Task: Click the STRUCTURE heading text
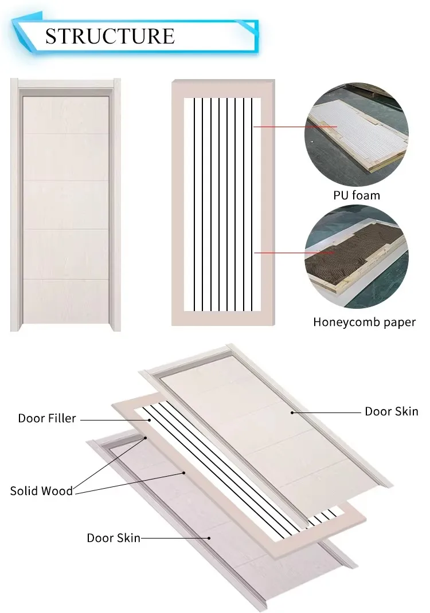(x=110, y=36)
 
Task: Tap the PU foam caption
(x=357, y=195)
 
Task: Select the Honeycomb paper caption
(x=364, y=322)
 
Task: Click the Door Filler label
(x=47, y=418)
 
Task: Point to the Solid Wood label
(x=41, y=491)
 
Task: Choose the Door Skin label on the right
(x=392, y=411)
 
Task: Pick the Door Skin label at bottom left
(x=114, y=538)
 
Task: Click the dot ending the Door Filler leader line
(x=150, y=419)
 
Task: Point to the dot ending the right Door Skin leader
(x=292, y=411)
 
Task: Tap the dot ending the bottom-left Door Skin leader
(x=209, y=538)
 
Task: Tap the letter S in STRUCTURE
(x=52, y=36)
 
